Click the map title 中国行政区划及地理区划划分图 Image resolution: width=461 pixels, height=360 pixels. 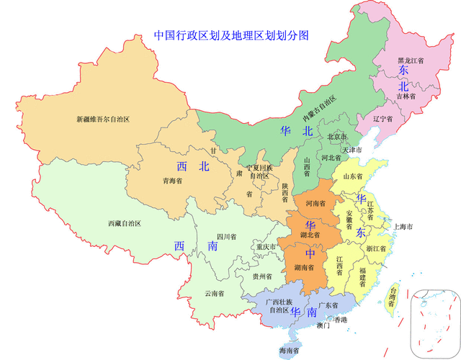231,35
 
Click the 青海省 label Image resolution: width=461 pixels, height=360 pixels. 172,181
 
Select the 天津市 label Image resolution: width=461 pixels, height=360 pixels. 352,150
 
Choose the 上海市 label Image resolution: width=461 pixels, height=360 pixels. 402,227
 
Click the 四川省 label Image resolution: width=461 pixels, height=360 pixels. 225,237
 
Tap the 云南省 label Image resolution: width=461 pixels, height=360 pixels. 214,293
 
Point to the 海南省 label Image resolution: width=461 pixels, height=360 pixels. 290,351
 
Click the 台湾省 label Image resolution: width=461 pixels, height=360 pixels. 392,296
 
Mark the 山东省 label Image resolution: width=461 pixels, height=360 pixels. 353,176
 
